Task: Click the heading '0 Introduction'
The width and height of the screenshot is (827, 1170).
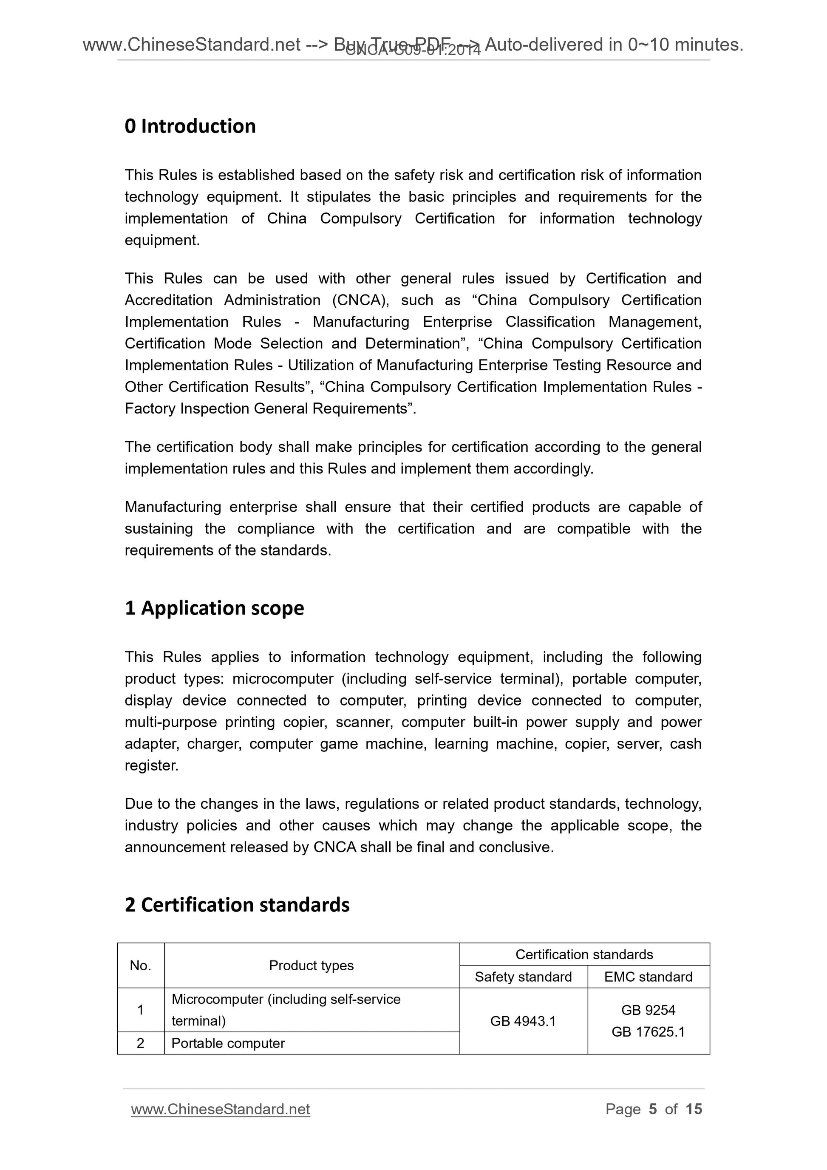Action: point(190,126)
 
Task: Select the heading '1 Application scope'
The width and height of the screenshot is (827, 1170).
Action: point(214,608)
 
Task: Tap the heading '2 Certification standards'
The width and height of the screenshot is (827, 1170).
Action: point(237,905)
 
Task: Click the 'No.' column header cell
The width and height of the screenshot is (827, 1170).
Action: point(141,965)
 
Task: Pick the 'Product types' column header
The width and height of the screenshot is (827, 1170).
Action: point(312,965)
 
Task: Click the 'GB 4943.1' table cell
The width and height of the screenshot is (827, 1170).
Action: point(523,1021)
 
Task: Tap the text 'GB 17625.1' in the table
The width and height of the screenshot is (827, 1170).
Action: point(648,1031)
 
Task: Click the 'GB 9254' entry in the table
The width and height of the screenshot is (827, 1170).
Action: point(648,1010)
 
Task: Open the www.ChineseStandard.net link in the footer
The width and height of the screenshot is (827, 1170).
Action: point(220,1109)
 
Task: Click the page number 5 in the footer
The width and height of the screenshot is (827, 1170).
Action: point(653,1109)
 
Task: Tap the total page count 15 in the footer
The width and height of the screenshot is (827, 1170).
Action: point(694,1109)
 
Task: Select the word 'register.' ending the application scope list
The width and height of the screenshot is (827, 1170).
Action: point(152,765)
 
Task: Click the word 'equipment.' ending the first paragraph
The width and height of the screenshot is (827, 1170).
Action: point(162,240)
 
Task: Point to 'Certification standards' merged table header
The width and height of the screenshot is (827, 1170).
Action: point(584,955)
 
